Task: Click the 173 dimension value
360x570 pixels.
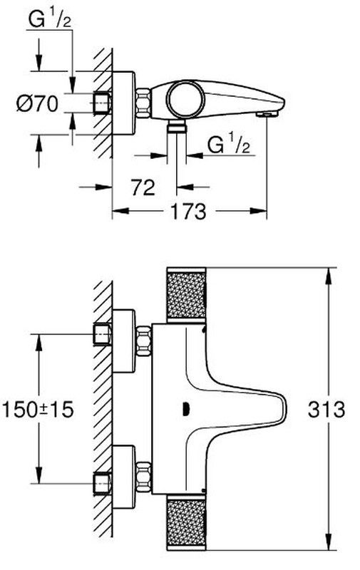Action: point(188,211)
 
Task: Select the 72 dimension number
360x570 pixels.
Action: point(143,187)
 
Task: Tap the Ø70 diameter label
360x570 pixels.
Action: point(37,104)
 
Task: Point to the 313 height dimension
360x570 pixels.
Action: point(326,410)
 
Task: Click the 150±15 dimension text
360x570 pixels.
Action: point(38,409)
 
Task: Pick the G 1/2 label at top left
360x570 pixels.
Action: point(49,21)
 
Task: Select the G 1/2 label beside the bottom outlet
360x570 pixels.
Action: point(229,145)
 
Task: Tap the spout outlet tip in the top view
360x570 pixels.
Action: point(267,114)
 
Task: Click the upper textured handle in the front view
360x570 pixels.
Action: point(186,295)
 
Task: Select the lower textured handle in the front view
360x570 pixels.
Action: point(186,522)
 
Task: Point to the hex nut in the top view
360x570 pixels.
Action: point(143,103)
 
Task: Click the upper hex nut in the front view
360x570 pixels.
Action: point(143,341)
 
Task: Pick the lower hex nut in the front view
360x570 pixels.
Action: point(143,477)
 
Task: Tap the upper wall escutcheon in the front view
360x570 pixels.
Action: point(124,341)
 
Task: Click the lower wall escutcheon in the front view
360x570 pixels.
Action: point(124,477)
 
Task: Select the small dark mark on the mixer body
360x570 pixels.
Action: point(185,409)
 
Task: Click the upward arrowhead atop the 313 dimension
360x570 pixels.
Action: point(329,276)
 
